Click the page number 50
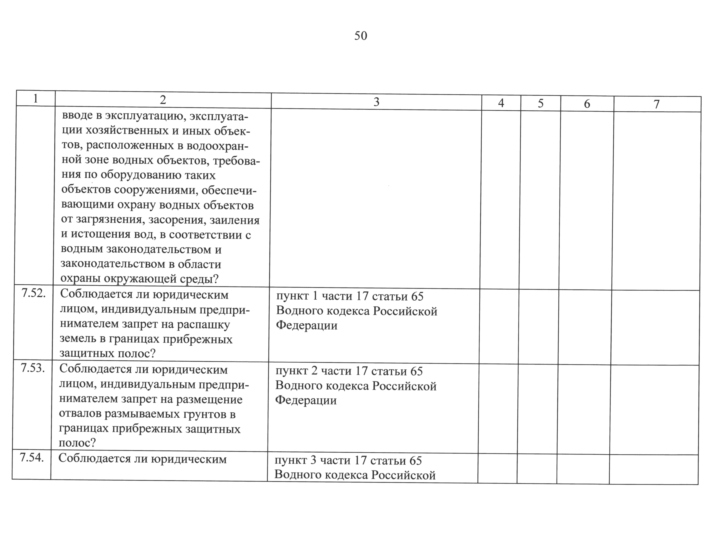tap(361, 36)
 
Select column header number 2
tap(163, 100)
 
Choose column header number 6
tap(587, 104)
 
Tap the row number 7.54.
tap(32, 457)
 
